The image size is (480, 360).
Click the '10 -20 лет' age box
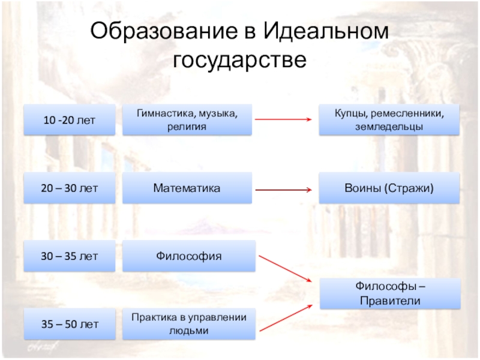click(69, 119)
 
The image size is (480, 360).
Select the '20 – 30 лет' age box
click(69, 188)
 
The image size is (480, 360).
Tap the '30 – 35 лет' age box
click(69, 256)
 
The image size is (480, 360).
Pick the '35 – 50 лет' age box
click(69, 325)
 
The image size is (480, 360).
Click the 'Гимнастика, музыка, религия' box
click(187, 119)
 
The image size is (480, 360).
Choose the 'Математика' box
click(187, 188)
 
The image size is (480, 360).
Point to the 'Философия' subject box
click(188, 256)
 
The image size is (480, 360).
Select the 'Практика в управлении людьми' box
click(188, 325)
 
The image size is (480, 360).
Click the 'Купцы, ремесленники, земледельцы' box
click(388, 119)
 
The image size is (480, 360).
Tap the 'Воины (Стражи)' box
click(388, 188)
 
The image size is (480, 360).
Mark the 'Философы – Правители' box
click(388, 293)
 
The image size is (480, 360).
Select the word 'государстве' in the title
click(240, 60)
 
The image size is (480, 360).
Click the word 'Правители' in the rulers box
click(388, 301)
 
